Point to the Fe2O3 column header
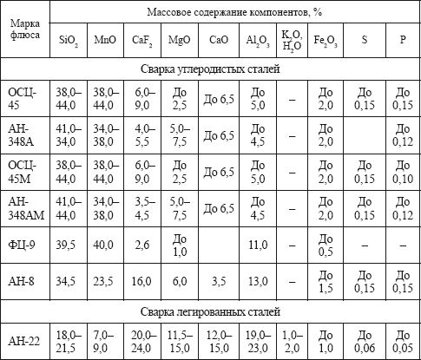pos(326,41)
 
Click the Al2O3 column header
pos(257,41)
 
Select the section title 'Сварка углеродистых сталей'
pos(209,67)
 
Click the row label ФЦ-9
pos(23,246)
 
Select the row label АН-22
pos(23,341)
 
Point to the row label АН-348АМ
pos(23,209)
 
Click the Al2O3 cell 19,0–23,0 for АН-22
pos(257,341)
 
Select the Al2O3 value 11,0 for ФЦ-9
pos(257,246)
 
